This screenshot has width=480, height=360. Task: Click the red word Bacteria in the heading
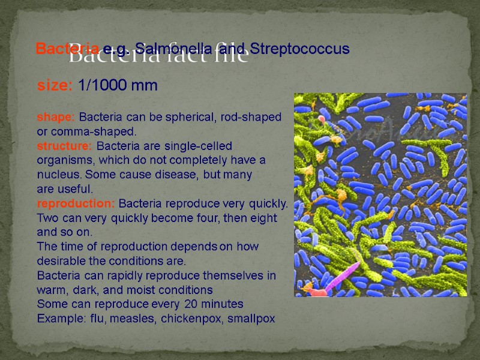59,48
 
